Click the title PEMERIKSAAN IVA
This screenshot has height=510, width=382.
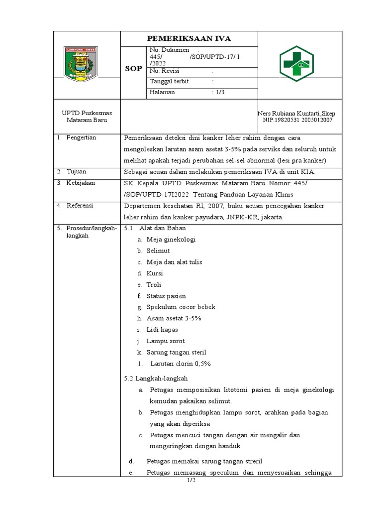click(x=189, y=39)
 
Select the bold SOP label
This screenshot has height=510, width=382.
click(x=133, y=68)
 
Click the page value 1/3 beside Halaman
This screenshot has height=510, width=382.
click(x=218, y=93)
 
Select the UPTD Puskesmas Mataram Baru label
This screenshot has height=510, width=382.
click(x=87, y=117)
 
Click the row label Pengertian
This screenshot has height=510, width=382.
click(x=82, y=137)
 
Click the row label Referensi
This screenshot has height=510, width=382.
click(x=81, y=205)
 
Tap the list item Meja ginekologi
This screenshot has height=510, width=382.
click(x=171, y=240)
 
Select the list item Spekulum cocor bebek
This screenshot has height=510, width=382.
click(x=181, y=307)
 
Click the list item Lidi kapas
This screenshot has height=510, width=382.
click(x=162, y=330)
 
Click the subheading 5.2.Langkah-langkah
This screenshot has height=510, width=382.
click(x=155, y=379)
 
